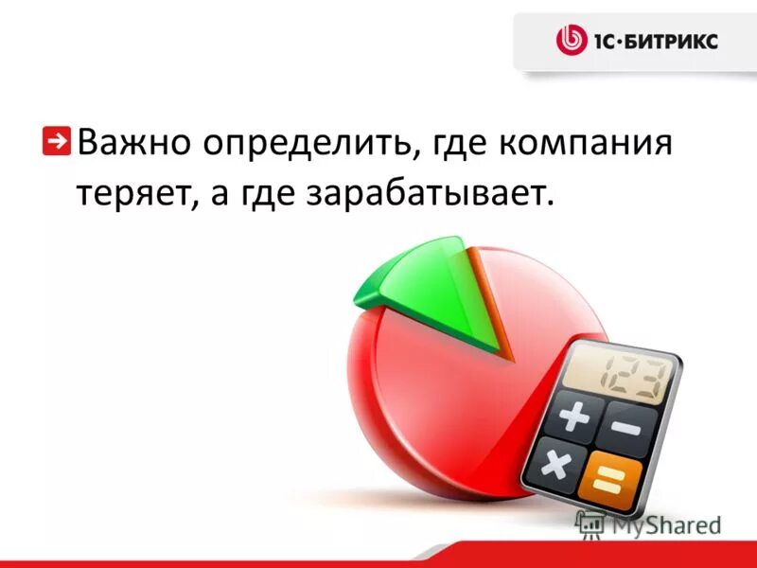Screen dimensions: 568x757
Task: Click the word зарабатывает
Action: (426, 193)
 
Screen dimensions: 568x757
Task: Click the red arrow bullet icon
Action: (58, 139)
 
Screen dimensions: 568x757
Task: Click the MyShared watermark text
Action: (666, 524)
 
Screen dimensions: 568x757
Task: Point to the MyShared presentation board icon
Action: (590, 524)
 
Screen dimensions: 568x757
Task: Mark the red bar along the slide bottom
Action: (378, 563)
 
